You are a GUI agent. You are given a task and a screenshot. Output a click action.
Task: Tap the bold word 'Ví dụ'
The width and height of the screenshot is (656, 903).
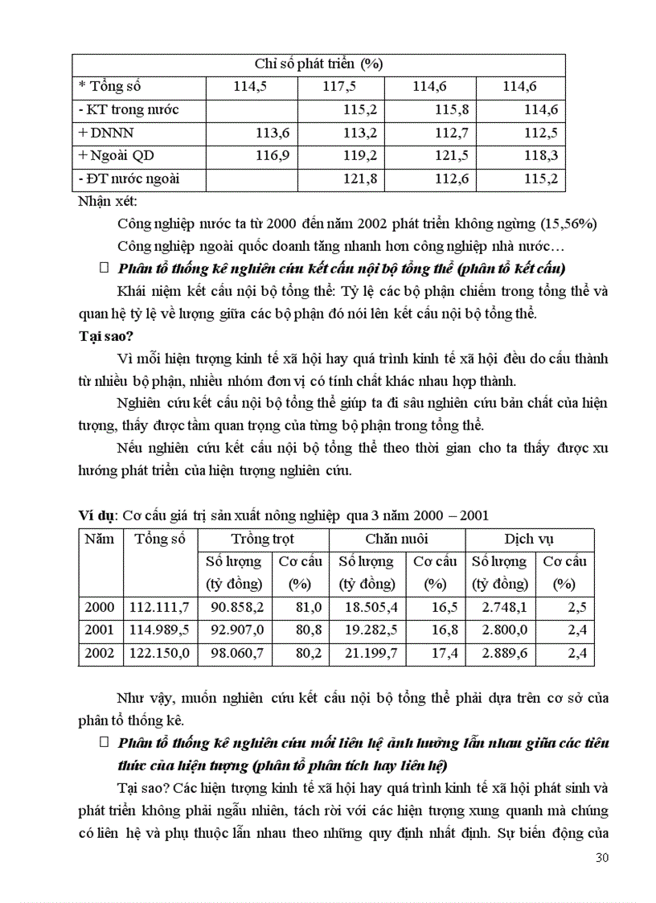[97, 515]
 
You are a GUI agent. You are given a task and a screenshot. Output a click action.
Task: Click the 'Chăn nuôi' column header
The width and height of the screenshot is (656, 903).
[396, 539]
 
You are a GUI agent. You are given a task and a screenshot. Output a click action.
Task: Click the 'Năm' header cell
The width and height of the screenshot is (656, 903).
[100, 539]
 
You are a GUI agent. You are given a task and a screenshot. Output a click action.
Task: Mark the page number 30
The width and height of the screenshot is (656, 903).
[601, 857]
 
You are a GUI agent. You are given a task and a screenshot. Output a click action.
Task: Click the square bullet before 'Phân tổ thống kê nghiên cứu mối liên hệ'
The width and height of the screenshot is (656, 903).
[102, 741]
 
